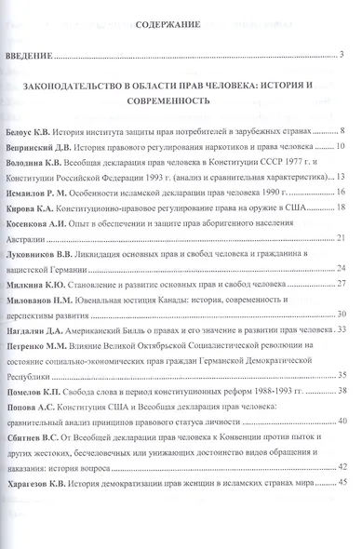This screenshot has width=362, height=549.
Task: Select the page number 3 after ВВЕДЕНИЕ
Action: (342, 59)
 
